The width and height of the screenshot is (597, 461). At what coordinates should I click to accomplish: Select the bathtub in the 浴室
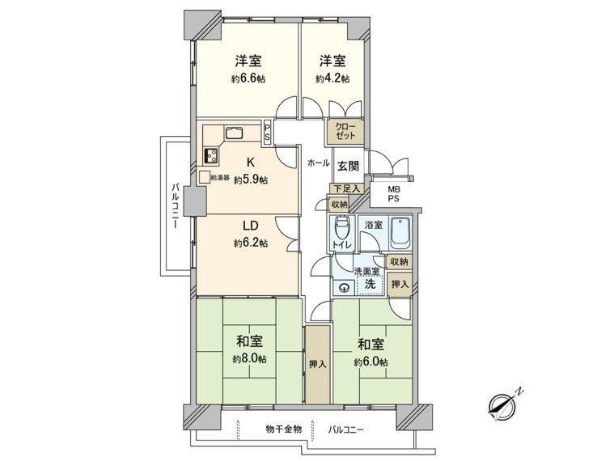pos(400,232)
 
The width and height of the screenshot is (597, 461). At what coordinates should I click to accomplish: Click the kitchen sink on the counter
pos(234,133)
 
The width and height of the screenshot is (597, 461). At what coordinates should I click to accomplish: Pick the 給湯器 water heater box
pos(205,176)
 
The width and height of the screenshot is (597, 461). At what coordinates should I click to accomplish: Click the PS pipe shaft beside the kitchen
pos(267,131)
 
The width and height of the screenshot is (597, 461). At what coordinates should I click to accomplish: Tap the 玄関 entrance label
pos(348,166)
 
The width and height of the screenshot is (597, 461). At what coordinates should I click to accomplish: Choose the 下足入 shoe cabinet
pos(347,188)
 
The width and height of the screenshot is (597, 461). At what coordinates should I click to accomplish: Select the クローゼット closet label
pos(345,131)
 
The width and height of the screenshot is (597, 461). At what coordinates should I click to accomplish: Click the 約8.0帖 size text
pos(250,358)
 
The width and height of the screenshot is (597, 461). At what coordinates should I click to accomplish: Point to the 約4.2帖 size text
pos(332,78)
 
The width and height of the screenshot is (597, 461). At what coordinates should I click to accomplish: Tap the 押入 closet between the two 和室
pos(318,364)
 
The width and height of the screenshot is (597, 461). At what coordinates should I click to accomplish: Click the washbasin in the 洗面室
pos(345,288)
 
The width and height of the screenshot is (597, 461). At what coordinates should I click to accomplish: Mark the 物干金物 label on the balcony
pos(284,429)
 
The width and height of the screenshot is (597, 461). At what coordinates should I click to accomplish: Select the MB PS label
pos(394,193)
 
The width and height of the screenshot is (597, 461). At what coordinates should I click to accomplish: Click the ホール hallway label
pos(318,163)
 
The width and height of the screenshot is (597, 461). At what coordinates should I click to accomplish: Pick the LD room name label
pos(251,226)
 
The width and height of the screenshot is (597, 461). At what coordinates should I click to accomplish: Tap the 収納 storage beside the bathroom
pos(400,261)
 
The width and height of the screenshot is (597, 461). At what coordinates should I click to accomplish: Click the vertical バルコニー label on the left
pos(176,206)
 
